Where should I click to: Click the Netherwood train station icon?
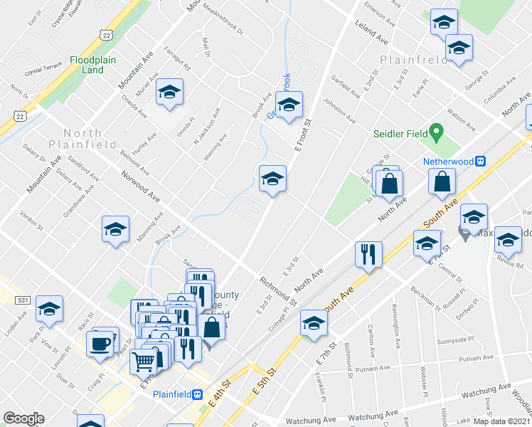[480, 162]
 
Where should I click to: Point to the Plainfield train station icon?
[198, 394]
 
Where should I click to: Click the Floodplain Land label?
[92, 65]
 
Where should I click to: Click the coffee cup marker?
[100, 344]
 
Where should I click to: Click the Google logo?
[23, 418]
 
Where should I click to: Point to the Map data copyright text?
[501, 421]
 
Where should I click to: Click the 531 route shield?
[23, 301]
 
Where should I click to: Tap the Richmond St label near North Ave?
[278, 290]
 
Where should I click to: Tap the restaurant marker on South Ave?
[368, 254]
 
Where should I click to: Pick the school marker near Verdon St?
[116, 231]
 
